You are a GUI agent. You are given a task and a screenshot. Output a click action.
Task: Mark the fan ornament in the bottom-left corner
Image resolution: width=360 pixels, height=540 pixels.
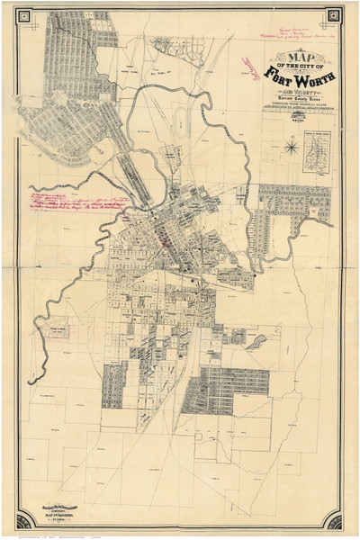[x=26, y=517]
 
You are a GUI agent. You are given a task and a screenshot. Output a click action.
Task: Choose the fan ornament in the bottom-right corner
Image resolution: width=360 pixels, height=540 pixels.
[x=334, y=517]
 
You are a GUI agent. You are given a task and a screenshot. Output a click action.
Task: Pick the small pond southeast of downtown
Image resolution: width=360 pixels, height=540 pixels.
[x=257, y=341]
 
